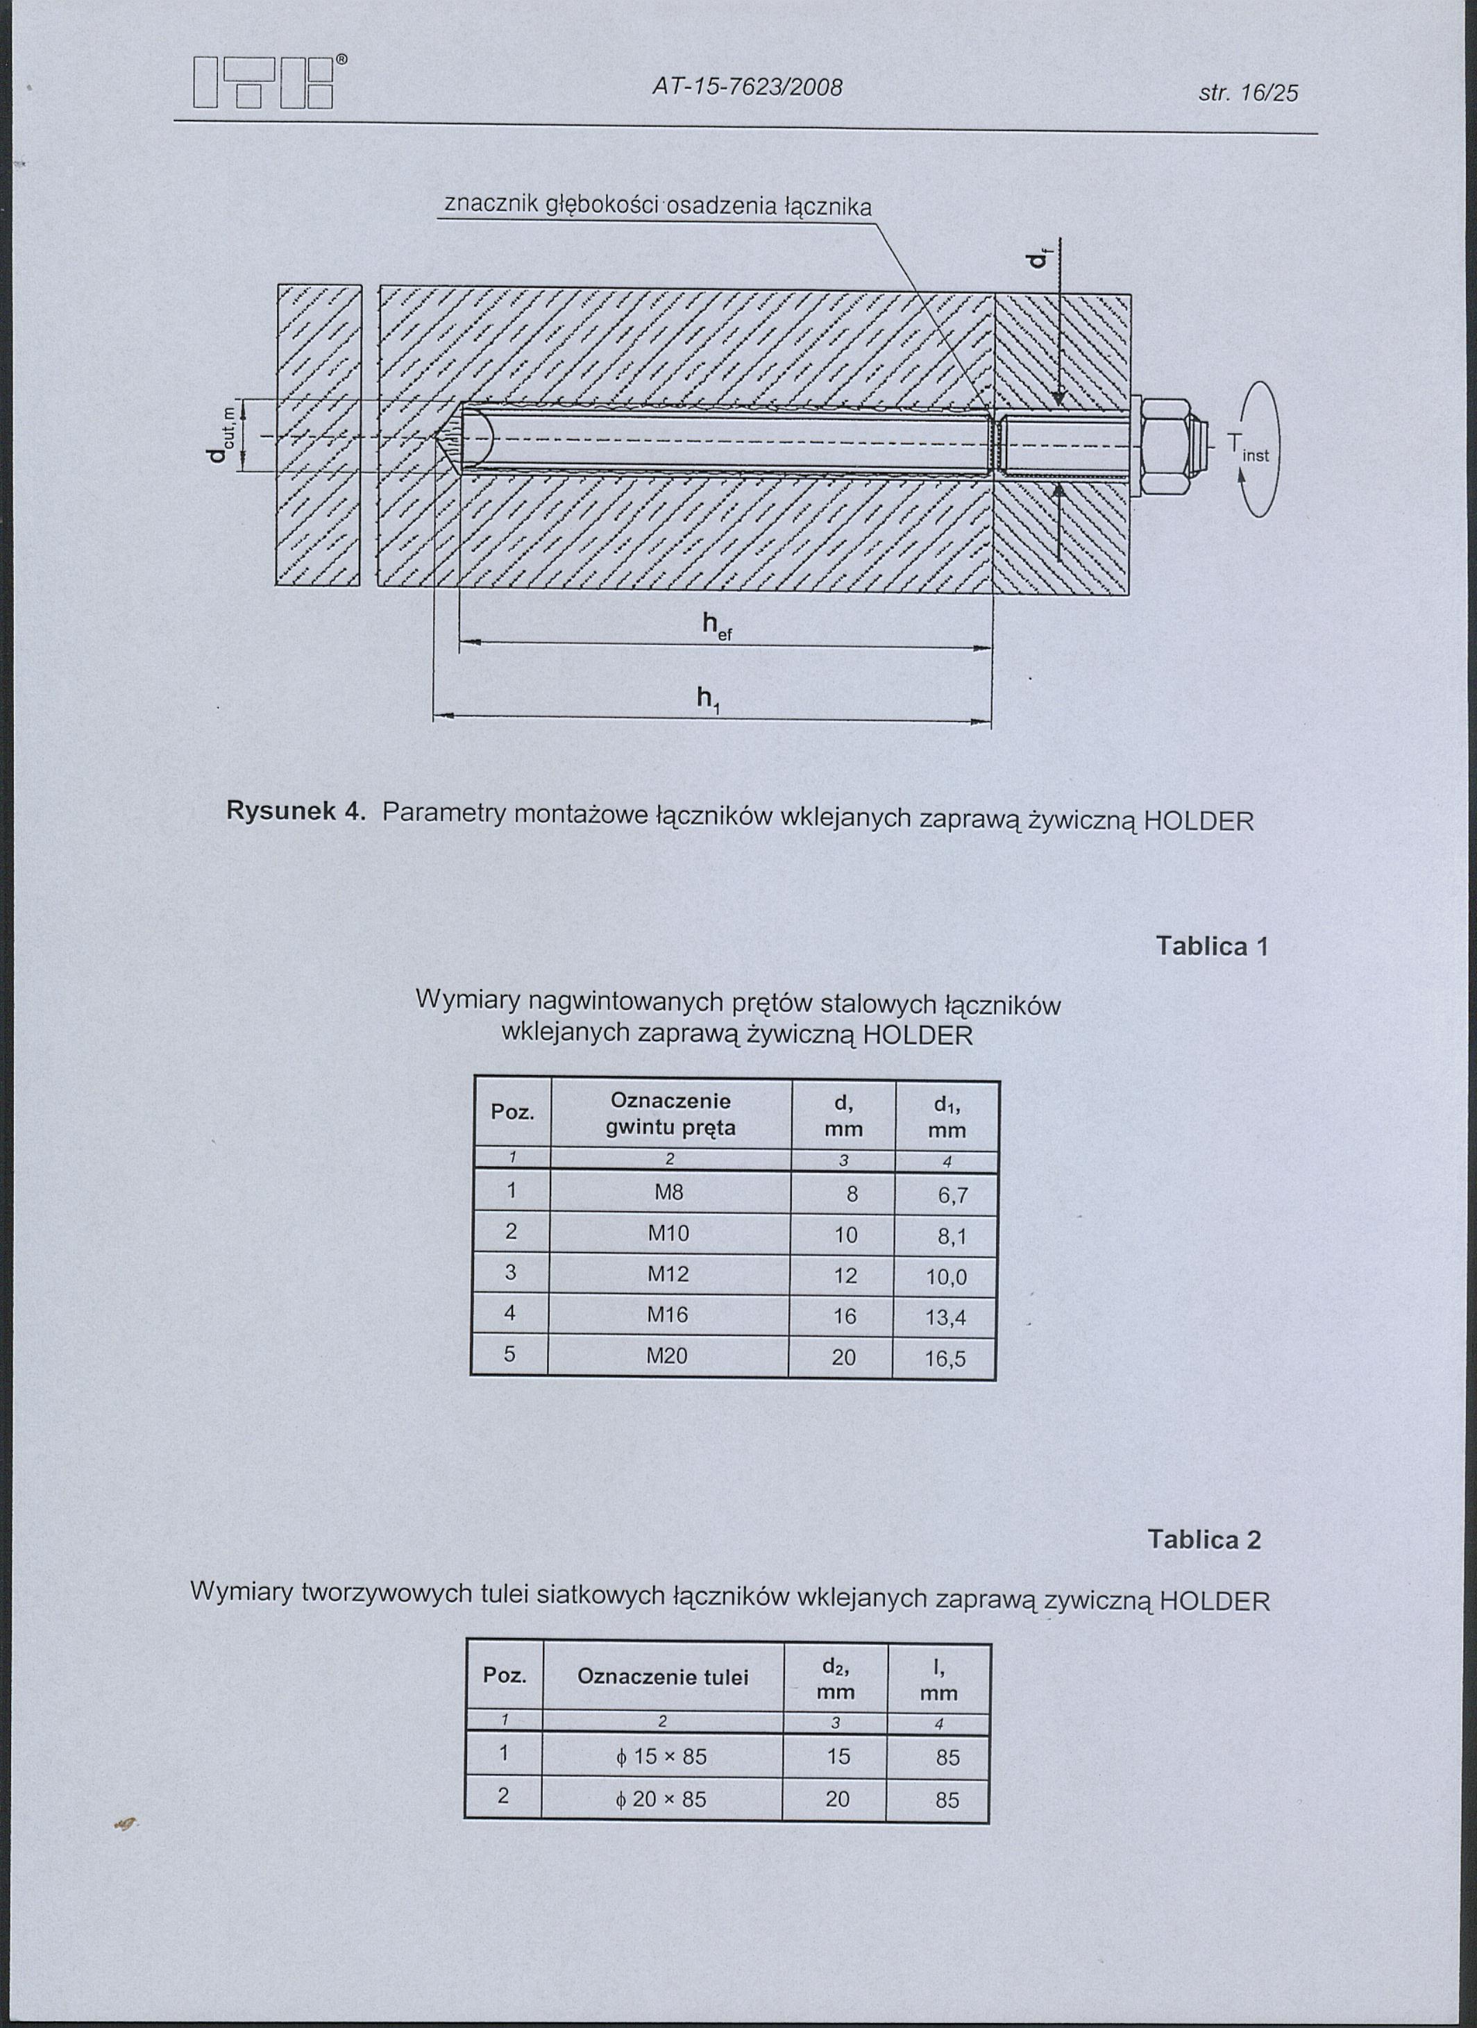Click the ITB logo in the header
264,83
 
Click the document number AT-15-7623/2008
748,87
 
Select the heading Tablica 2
1204,1539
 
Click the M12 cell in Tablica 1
669,1274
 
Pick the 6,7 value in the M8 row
952,1196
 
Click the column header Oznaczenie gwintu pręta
670,1113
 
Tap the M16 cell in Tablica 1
669,1315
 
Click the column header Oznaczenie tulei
663,1677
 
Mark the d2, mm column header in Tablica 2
835,1678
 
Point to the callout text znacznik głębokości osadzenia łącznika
657,205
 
